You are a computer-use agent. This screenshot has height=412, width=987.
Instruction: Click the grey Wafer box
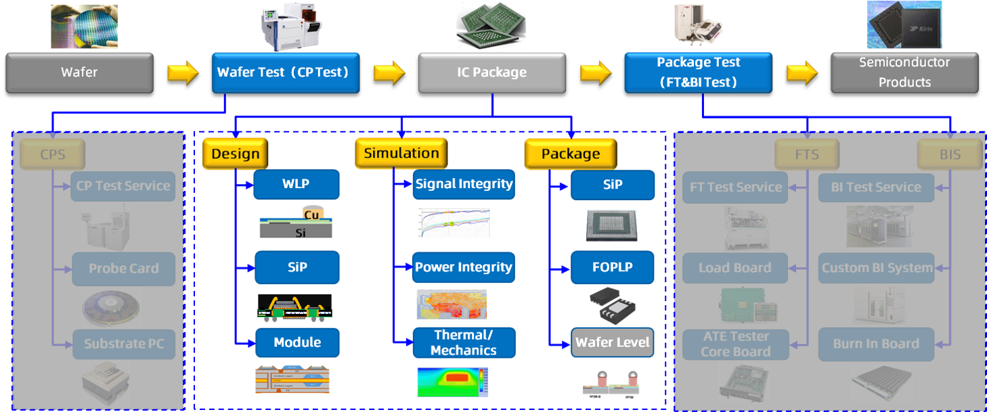click(x=79, y=72)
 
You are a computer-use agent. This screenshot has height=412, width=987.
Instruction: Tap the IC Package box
click(x=491, y=72)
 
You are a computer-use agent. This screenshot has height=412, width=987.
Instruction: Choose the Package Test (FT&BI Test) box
click(x=698, y=72)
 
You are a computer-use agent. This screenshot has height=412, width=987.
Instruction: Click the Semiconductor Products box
click(x=904, y=72)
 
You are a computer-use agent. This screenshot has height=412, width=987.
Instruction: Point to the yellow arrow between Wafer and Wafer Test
click(x=182, y=72)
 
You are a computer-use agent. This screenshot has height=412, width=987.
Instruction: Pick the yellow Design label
click(x=235, y=154)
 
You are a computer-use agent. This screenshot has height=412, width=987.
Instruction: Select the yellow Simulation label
click(x=401, y=153)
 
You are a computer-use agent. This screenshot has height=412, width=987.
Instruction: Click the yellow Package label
click(x=570, y=154)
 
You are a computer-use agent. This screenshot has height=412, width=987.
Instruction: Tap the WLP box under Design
click(x=296, y=184)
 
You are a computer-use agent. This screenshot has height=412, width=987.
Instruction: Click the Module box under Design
click(x=297, y=342)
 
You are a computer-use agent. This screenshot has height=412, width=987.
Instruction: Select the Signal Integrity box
click(x=464, y=184)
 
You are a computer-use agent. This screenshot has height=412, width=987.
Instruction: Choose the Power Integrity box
click(x=464, y=267)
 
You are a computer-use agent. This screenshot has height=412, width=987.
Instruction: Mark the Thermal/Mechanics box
click(x=464, y=342)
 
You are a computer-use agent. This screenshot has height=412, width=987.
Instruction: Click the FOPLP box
click(x=612, y=267)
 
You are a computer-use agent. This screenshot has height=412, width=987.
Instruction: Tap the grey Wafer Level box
click(x=613, y=342)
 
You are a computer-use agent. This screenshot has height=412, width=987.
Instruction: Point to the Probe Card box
click(x=123, y=269)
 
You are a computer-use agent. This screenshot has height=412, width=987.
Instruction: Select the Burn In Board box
click(x=876, y=344)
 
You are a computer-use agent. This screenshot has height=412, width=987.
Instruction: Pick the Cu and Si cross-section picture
click(x=294, y=223)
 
